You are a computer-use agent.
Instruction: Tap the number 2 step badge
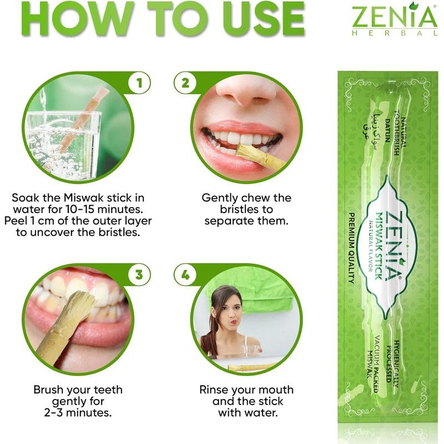tap(181, 84)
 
